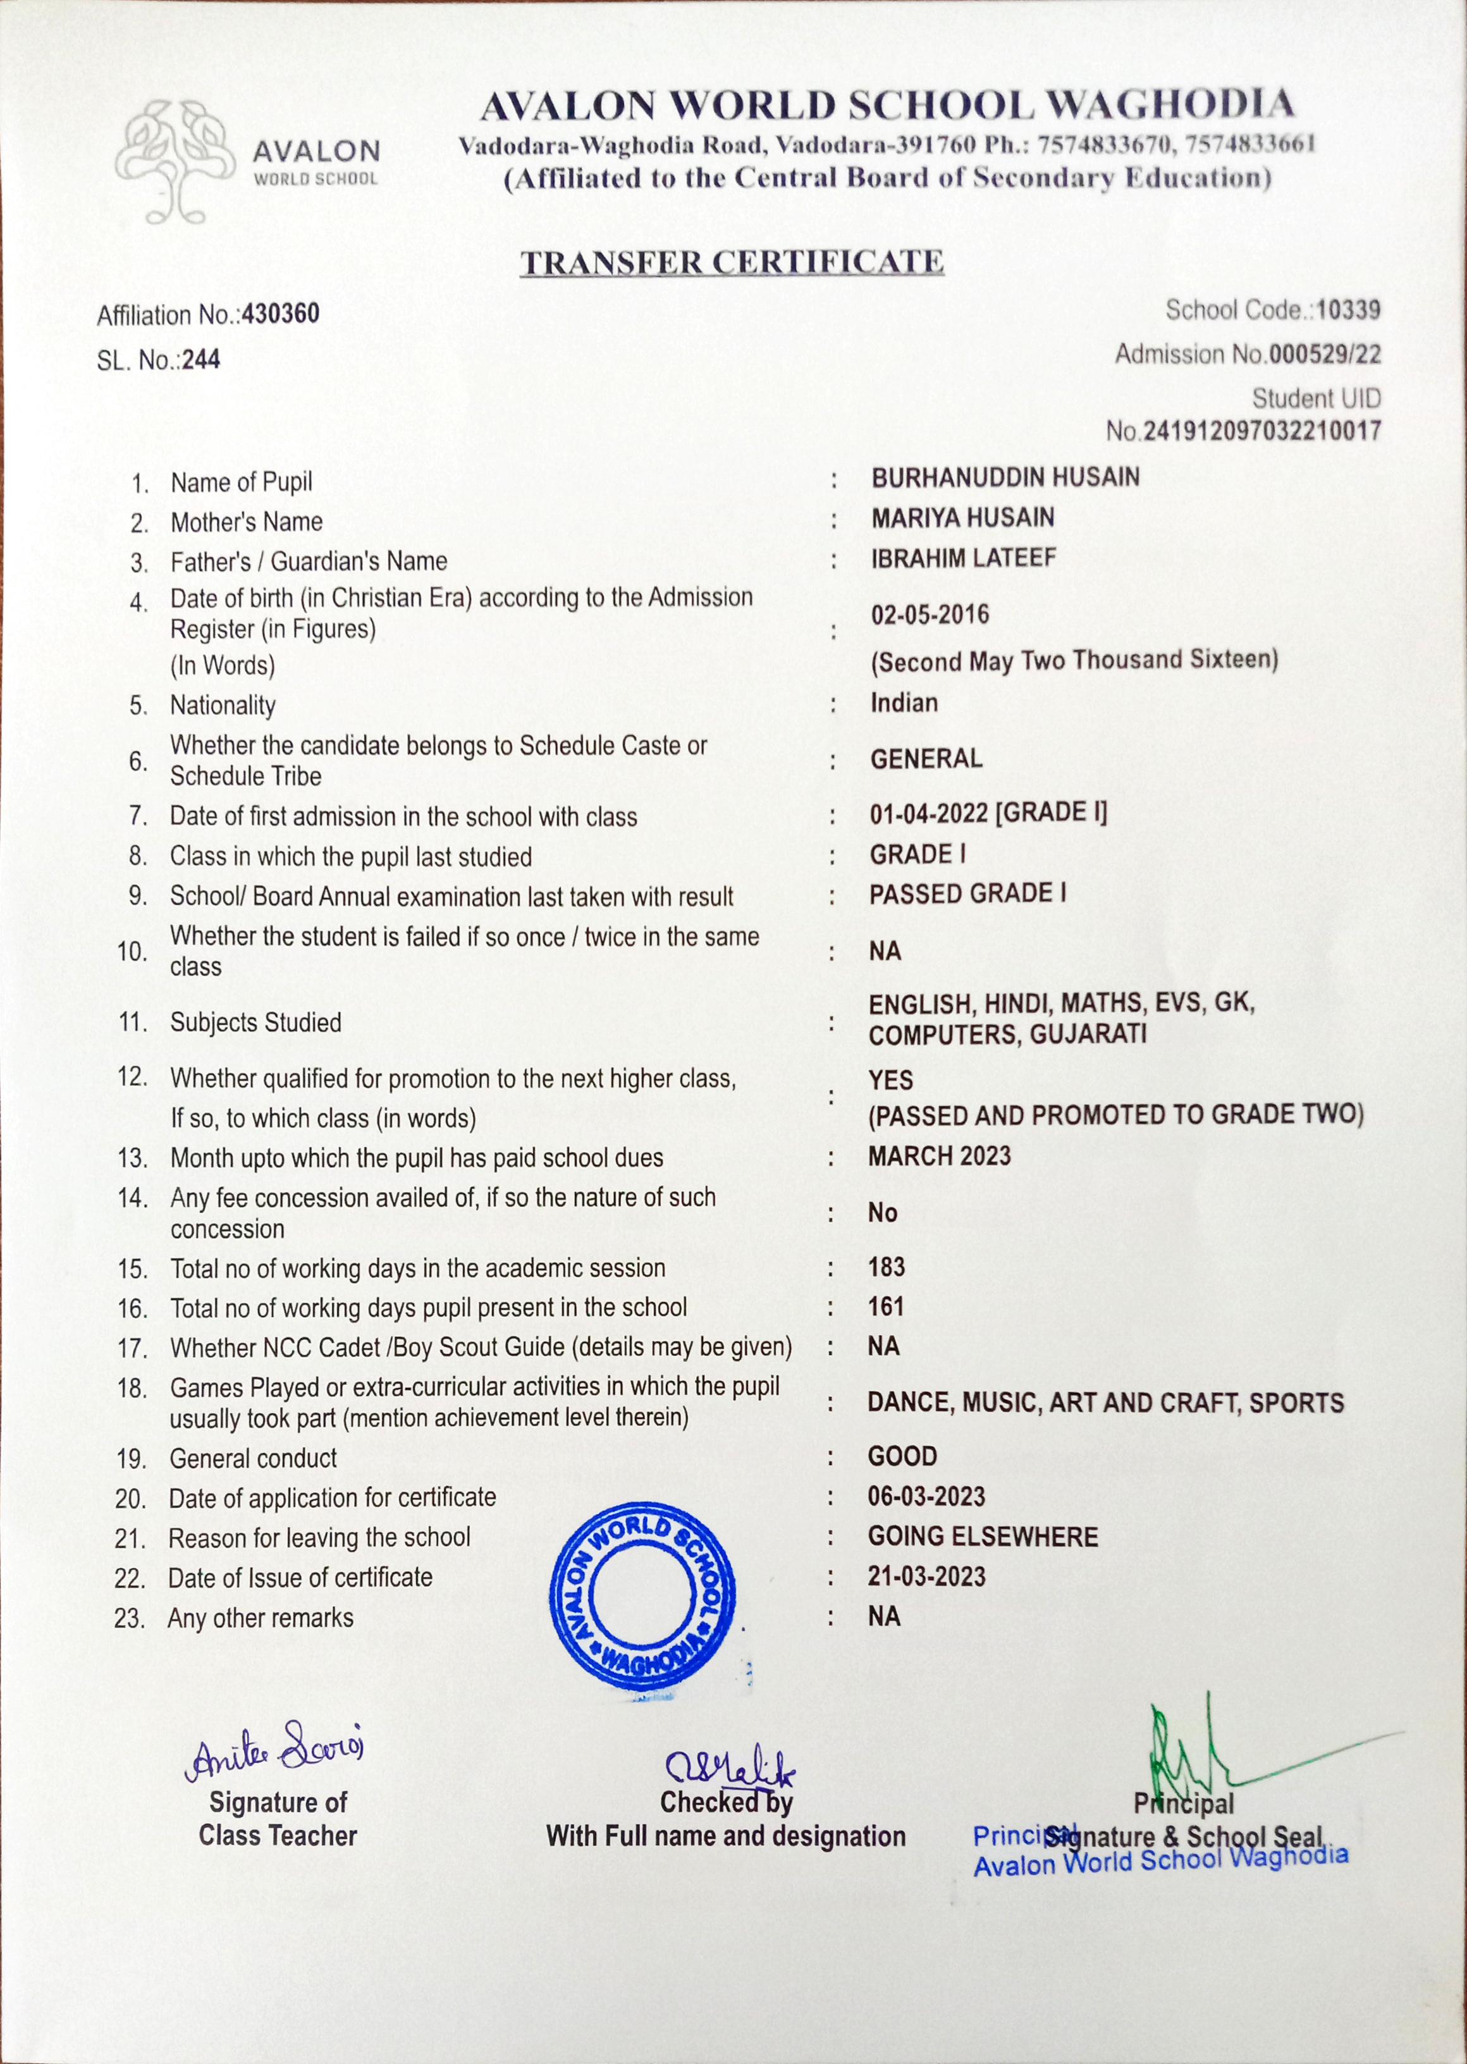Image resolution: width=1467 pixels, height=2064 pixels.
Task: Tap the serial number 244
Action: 200,360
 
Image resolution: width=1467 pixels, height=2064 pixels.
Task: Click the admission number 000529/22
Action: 1324,355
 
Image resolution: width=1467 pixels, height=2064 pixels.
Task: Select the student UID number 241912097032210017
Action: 1262,431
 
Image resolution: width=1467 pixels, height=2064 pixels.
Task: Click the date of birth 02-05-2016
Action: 930,615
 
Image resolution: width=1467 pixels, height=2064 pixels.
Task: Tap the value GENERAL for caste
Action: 926,759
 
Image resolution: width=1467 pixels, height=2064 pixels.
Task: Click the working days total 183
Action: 886,1267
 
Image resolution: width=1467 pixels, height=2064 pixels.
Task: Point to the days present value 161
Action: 885,1307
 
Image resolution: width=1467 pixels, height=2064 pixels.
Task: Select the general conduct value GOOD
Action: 902,1456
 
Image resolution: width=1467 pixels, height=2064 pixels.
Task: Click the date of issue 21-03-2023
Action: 926,1577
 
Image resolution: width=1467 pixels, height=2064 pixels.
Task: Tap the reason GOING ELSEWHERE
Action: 982,1537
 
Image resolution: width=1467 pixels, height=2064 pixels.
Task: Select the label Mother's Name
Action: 246,522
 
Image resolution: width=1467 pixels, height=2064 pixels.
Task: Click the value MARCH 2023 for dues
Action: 940,1156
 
